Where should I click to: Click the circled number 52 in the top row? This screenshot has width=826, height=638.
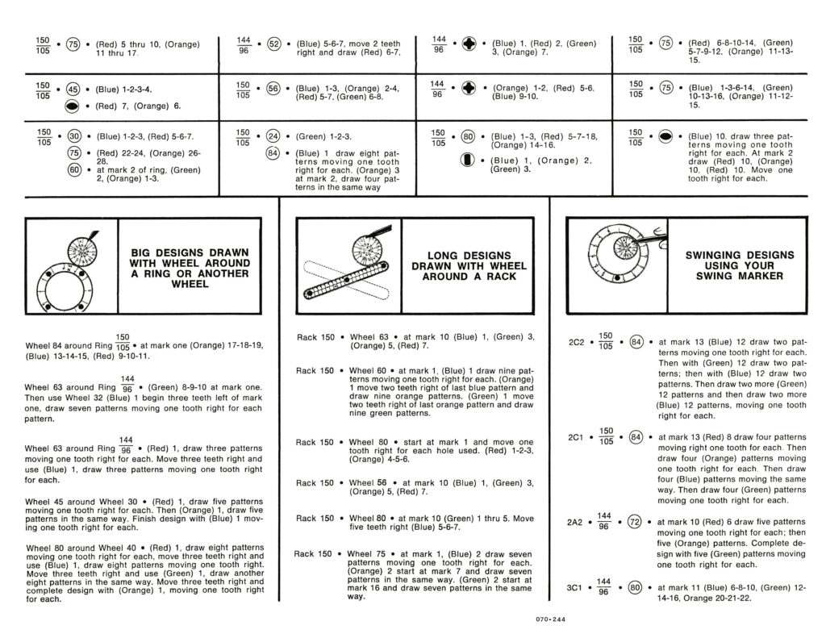pos(273,44)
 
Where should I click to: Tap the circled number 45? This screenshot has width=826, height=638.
pos(73,90)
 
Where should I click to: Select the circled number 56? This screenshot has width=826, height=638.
pos(273,90)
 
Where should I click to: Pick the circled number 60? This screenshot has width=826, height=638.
pos(73,169)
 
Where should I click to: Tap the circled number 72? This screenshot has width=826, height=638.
pos(634,522)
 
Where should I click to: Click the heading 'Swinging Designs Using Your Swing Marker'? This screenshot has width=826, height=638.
pos(739,265)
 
